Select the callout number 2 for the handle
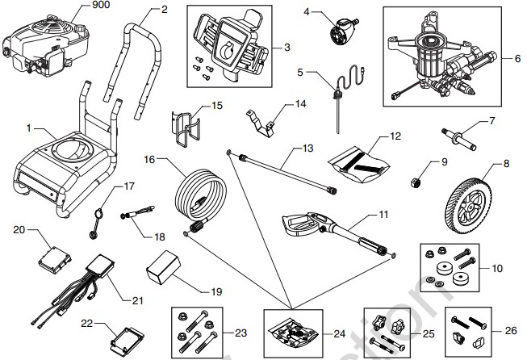tap(165, 10)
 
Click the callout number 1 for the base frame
tap(30, 128)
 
